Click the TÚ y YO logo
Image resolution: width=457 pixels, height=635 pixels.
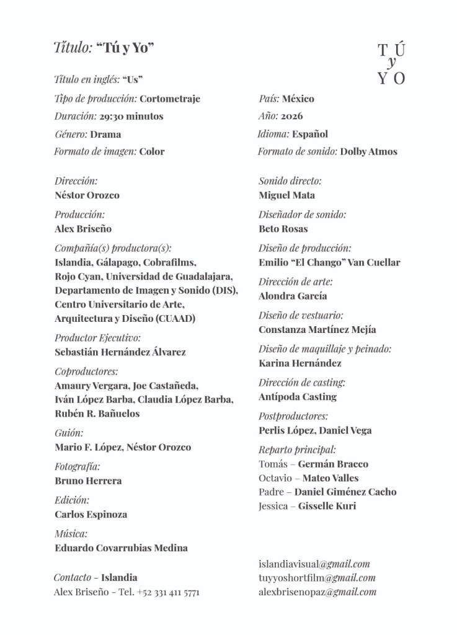391,64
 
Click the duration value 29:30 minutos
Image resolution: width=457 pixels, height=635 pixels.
131,116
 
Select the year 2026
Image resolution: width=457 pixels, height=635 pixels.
291,116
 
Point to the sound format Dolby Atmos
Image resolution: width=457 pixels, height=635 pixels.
368,151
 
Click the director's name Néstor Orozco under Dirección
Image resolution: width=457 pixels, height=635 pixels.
87,195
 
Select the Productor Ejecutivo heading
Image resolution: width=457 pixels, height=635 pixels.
97,338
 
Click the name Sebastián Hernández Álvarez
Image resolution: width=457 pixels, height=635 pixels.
120,352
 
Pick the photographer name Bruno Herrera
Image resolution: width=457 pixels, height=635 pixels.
88,481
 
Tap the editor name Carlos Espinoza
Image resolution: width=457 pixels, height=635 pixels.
91,515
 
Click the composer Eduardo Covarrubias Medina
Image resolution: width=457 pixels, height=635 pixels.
121,548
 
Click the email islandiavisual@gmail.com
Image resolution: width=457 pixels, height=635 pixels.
314,564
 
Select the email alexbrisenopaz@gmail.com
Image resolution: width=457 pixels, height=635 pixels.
317,592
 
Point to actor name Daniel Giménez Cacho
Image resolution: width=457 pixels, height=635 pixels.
345,492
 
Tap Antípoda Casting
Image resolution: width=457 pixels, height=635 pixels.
298,397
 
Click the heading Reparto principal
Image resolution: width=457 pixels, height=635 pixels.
297,450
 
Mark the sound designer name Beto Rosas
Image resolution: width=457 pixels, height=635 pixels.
283,229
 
